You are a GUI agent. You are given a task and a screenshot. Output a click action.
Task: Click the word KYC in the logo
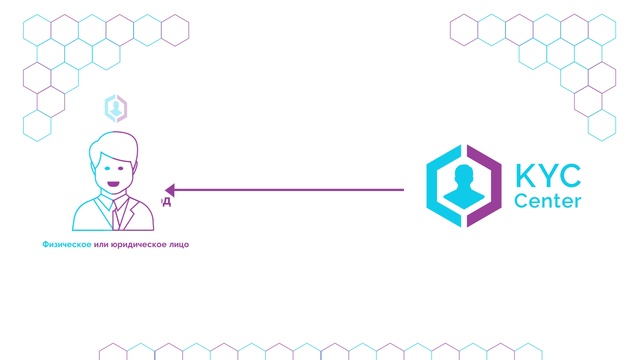[547, 176]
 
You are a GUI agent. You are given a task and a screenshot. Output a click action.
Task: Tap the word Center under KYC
[547, 202]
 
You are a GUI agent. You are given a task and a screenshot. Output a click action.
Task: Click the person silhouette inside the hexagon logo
[462, 187]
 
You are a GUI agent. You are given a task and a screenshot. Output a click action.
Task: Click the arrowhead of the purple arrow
[170, 190]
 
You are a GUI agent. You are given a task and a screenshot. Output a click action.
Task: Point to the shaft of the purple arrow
[290, 190]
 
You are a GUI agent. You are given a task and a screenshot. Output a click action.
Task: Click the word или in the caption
[100, 244]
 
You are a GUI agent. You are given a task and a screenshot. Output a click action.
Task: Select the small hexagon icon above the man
[116, 107]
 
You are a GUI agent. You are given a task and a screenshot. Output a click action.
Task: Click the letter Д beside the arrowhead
[167, 202]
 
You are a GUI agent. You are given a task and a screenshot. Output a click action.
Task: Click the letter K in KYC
[525, 176]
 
